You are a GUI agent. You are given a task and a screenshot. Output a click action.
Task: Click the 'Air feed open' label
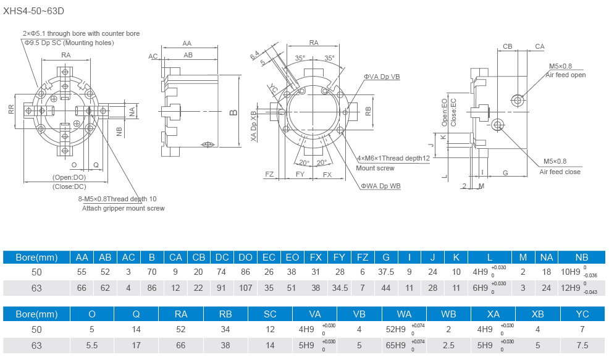pyautogui.click(x=565, y=75)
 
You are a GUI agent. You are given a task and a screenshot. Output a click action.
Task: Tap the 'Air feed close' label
pyautogui.click(x=560, y=172)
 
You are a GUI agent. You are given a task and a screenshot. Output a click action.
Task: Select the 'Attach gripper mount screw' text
pyautogui.click(x=124, y=208)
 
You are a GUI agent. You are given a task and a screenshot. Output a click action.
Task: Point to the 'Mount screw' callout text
pyautogui.click(x=375, y=168)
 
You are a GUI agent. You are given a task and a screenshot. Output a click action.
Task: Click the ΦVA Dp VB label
pyautogui.click(x=381, y=77)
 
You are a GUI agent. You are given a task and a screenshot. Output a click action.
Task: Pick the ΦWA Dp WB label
pyautogui.click(x=381, y=186)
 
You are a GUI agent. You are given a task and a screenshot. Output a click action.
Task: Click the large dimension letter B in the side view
pyautogui.click(x=233, y=112)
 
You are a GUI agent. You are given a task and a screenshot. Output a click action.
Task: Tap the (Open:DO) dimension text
pyautogui.click(x=69, y=177)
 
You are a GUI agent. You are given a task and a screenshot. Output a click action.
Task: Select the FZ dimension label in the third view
pyautogui.click(x=269, y=175)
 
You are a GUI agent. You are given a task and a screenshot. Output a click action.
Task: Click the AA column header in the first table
pyautogui.click(x=82, y=257)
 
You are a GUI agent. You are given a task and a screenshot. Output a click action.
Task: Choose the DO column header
pyautogui.click(x=245, y=257)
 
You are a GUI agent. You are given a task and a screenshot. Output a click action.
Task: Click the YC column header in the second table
pyautogui.click(x=582, y=314)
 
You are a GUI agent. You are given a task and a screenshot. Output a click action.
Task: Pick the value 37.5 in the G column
pyautogui.click(x=385, y=272)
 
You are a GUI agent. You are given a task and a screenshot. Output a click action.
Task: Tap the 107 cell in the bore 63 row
pyautogui.click(x=245, y=287)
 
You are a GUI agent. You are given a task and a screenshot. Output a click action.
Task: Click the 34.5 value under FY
pyautogui.click(x=338, y=287)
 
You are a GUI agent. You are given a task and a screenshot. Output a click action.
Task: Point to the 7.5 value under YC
pyautogui.click(x=582, y=345)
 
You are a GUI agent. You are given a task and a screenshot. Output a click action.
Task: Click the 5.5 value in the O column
pyautogui.click(x=92, y=345)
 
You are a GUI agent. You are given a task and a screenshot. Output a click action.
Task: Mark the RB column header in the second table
pyautogui.click(x=225, y=314)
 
